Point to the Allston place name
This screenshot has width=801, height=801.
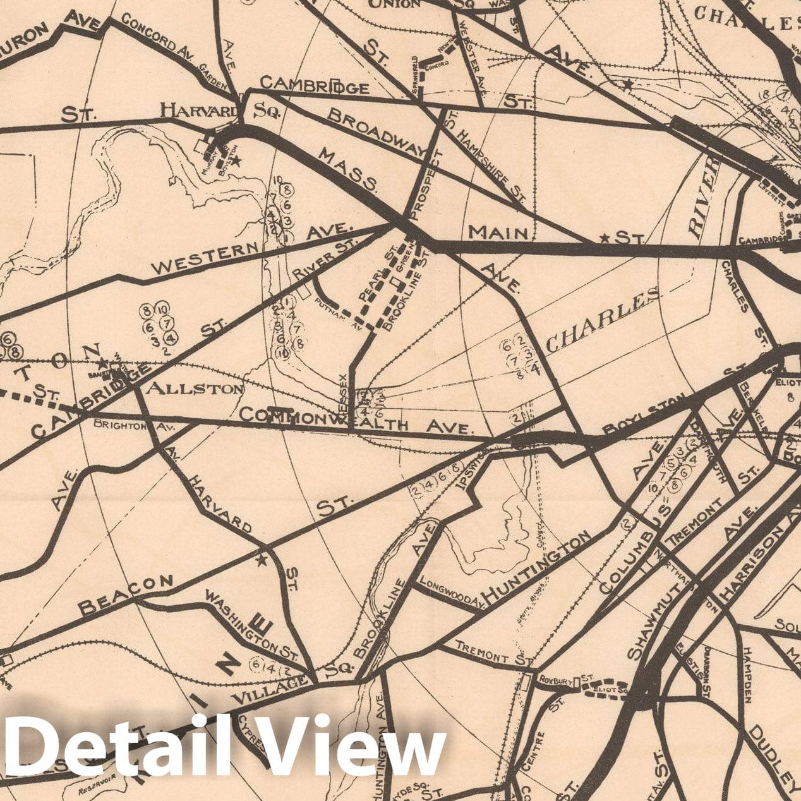click(x=195, y=388)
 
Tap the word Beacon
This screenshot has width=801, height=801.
click(x=125, y=594)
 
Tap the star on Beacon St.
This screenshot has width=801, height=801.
click(x=260, y=560)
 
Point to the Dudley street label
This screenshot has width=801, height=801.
click(x=773, y=757)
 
